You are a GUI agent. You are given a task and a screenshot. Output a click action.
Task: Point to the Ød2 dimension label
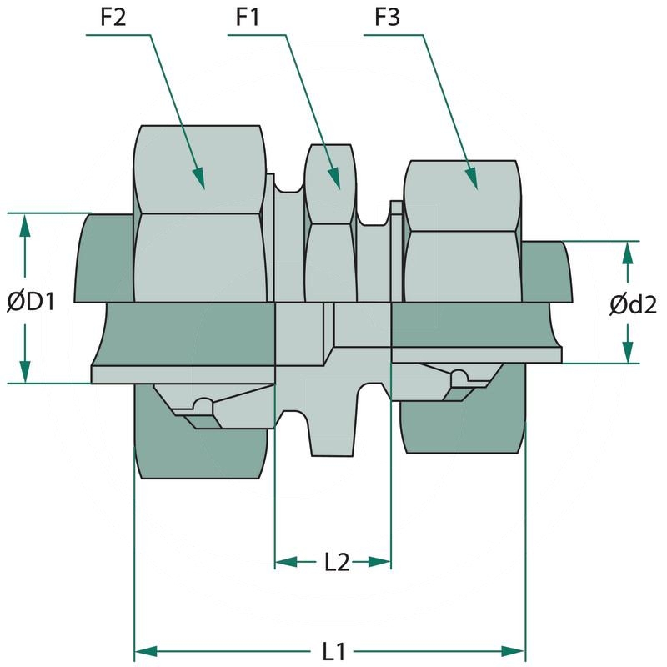633,305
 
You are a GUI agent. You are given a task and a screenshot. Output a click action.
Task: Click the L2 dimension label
336,562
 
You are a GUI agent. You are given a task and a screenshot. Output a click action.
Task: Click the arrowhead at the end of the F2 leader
199,178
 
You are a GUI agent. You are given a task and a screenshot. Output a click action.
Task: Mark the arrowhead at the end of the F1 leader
335,178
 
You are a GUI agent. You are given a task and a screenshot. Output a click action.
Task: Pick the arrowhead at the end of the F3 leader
471,178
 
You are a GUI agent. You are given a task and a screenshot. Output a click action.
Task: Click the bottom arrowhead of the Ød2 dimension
627,353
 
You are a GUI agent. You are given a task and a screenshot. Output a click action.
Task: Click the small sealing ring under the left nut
200,405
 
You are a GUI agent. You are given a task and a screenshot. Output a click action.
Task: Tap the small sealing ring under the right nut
457,380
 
